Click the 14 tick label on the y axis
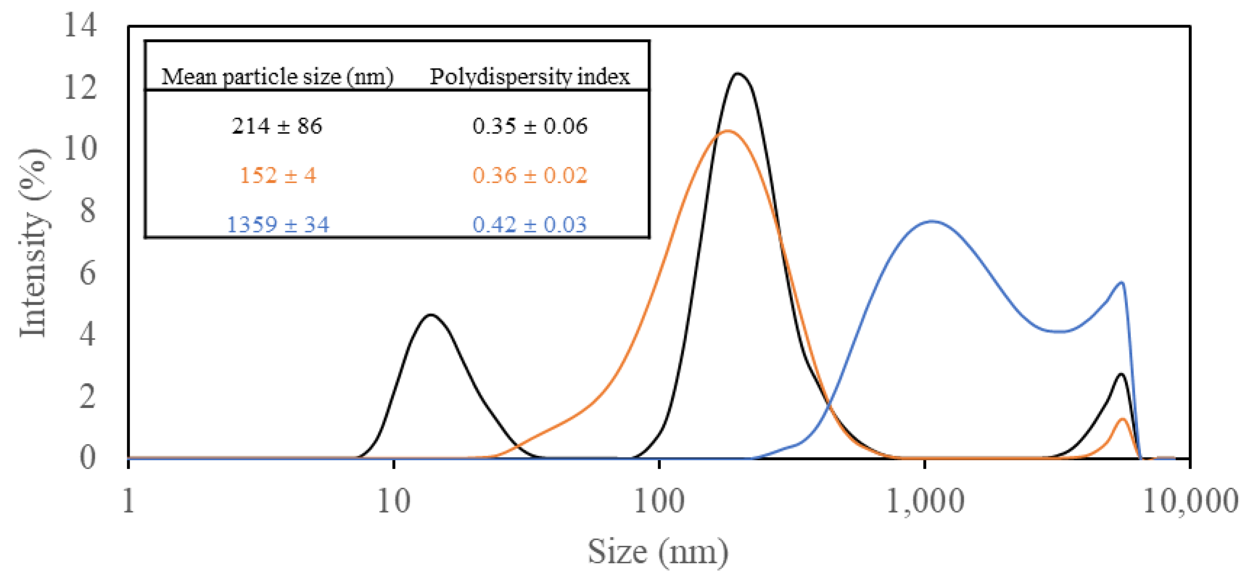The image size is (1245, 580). click(80, 25)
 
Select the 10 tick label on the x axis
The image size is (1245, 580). click(393, 501)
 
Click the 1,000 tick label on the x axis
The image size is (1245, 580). click(924, 501)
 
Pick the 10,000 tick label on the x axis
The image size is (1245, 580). click(1190, 501)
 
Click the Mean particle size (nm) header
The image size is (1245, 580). click(277, 77)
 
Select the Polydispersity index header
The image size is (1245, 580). click(530, 77)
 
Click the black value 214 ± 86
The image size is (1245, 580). click(277, 126)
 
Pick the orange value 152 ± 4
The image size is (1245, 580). click(278, 175)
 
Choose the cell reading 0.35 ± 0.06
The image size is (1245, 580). click(530, 126)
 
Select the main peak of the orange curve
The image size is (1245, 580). click(727, 131)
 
